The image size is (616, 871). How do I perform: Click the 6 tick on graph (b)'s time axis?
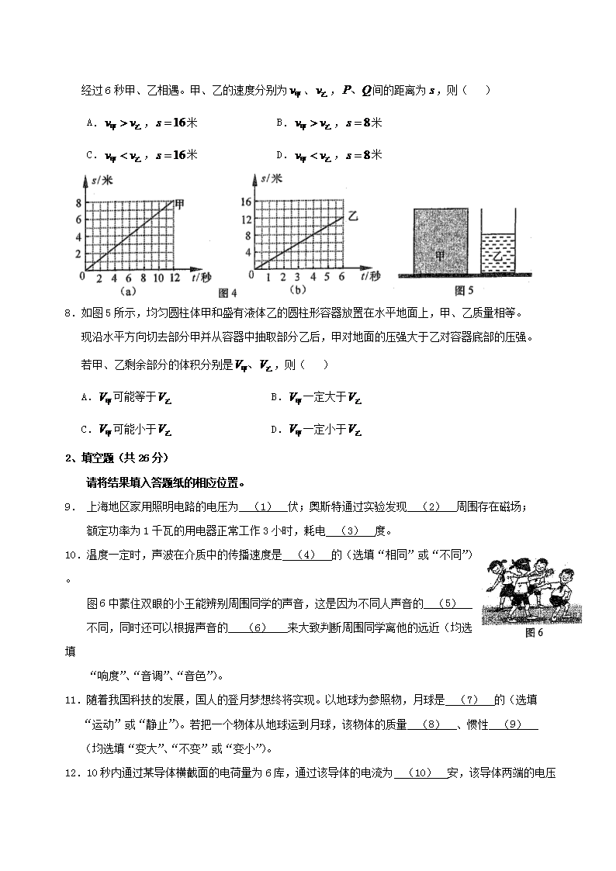(341, 277)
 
